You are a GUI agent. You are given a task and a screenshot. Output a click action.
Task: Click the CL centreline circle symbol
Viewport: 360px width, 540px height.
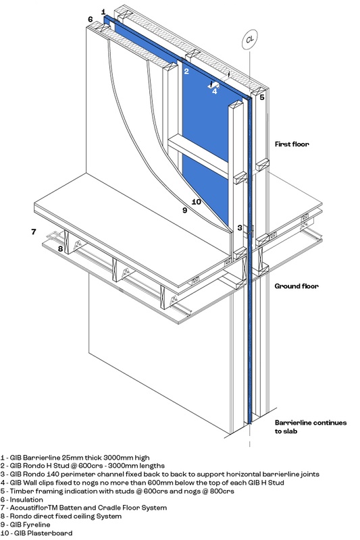pyautogui.click(x=250, y=39)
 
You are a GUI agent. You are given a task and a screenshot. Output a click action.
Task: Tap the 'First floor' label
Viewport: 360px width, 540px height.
pyautogui.click(x=292, y=144)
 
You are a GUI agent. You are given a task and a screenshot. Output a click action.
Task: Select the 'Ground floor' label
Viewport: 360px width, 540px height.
pyautogui.click(x=297, y=286)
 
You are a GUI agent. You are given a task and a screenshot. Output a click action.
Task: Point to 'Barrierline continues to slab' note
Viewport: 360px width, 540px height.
pyautogui.click(x=311, y=427)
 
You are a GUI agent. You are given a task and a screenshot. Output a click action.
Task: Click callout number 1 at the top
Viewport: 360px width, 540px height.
pyautogui.click(x=103, y=12)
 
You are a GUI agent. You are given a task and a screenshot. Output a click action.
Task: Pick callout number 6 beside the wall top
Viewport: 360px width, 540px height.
pyautogui.click(x=91, y=20)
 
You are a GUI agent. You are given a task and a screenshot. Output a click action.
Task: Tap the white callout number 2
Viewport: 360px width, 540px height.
pyautogui.click(x=186, y=72)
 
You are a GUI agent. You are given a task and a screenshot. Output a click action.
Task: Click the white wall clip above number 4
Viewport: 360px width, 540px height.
pyautogui.click(x=213, y=85)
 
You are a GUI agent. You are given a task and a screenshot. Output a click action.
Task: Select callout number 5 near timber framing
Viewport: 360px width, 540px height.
pyautogui.click(x=262, y=97)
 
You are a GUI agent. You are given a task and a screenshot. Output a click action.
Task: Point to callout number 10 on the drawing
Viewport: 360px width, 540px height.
pyautogui.click(x=196, y=202)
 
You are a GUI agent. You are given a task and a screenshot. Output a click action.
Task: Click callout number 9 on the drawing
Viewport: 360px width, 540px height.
pyautogui.click(x=184, y=210)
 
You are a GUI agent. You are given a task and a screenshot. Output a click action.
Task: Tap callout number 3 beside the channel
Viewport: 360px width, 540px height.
pyautogui.click(x=240, y=227)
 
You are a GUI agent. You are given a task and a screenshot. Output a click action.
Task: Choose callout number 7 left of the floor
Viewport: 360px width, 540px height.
pyautogui.click(x=33, y=232)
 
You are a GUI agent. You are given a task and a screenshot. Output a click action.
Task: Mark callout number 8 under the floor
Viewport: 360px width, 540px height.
pyautogui.click(x=60, y=248)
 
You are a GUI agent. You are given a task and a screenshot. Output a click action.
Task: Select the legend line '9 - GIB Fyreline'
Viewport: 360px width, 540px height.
pyautogui.click(x=25, y=525)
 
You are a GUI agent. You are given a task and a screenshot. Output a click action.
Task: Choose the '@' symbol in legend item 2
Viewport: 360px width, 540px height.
pyautogui.click(x=72, y=466)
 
